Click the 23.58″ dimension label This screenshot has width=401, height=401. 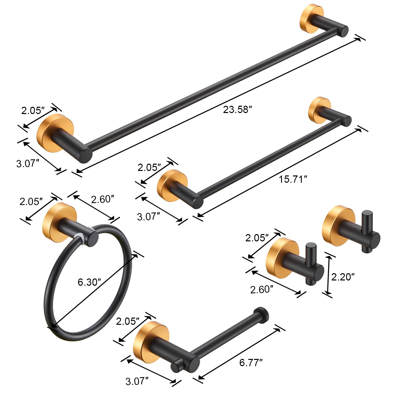[237, 110]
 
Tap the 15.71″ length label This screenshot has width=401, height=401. [293, 179]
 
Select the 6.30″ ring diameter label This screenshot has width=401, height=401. [89, 282]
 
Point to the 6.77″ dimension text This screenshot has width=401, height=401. [251, 363]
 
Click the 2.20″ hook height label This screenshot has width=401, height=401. [343, 277]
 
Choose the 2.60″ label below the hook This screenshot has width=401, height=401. [261, 290]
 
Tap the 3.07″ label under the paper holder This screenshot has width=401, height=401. [137, 381]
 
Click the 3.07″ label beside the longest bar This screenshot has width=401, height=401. [28, 164]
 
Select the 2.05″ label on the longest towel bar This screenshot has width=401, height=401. [33, 111]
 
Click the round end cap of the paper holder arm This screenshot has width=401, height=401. [261, 314]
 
